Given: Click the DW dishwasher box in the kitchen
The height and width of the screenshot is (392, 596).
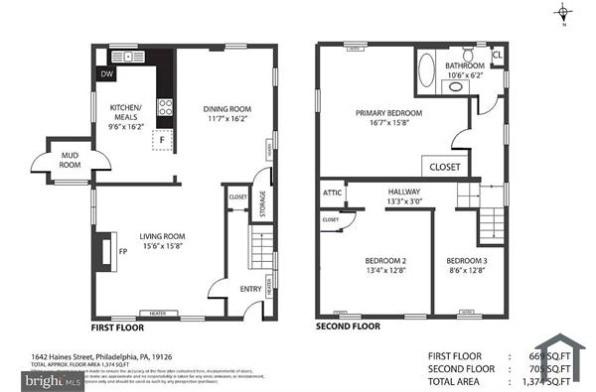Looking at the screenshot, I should (x=106, y=73).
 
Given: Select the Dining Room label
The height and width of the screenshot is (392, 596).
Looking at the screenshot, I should (x=227, y=114).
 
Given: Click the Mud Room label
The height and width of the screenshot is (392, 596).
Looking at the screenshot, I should (x=70, y=159).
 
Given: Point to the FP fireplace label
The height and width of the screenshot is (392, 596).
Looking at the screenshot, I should (x=123, y=252).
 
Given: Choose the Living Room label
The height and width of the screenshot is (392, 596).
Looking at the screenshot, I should (x=163, y=241).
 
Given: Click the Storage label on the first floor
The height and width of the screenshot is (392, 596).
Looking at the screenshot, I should (x=261, y=203).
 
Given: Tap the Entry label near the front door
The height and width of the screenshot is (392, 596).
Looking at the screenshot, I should (x=250, y=290).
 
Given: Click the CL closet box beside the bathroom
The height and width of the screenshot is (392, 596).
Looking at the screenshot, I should (x=497, y=56).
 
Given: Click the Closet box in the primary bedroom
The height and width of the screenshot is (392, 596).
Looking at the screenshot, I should (x=445, y=168).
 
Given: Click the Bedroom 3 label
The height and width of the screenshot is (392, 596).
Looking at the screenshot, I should (x=467, y=266).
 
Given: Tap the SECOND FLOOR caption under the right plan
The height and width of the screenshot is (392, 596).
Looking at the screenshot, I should (x=348, y=326).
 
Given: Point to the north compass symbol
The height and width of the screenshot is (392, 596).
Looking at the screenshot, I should (x=564, y=13).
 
